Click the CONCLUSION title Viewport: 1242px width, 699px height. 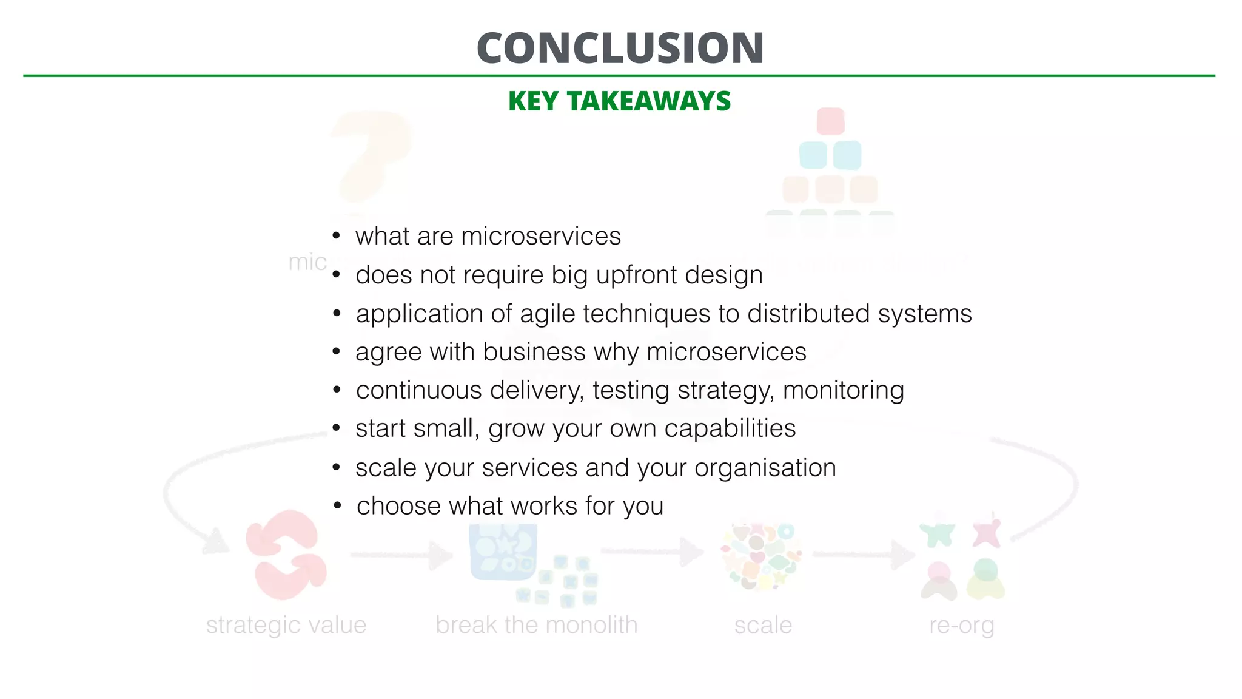click(x=620, y=48)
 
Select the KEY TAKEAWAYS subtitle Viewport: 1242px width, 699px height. click(x=619, y=101)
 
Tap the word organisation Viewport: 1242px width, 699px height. click(x=765, y=468)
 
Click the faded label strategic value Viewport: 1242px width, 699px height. click(x=286, y=626)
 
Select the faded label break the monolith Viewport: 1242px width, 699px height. click(x=536, y=626)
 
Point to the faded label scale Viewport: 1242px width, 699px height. click(x=763, y=626)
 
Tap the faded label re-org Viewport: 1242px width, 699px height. click(x=961, y=626)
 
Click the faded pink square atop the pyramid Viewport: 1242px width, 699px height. click(x=830, y=121)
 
